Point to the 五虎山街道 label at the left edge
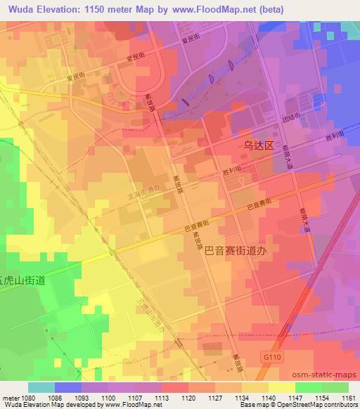pyautogui.click(x=22, y=280)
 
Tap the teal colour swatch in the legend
pyautogui.click(x=41, y=387)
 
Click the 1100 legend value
pyautogui.click(x=108, y=398)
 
